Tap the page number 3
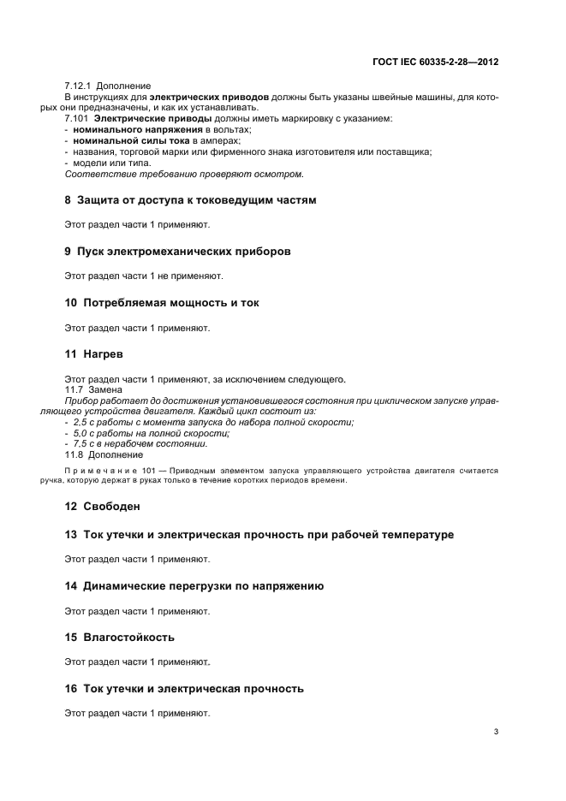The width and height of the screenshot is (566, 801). [496, 731]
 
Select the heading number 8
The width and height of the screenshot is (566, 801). [69, 200]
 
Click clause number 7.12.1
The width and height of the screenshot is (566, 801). [79, 86]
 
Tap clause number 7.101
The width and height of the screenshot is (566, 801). [76, 118]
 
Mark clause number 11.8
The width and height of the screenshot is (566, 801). [74, 454]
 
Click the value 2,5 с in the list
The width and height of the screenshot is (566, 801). [84, 423]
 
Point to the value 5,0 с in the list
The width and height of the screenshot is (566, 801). [84, 433]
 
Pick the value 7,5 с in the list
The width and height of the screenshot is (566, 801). [84, 443]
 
